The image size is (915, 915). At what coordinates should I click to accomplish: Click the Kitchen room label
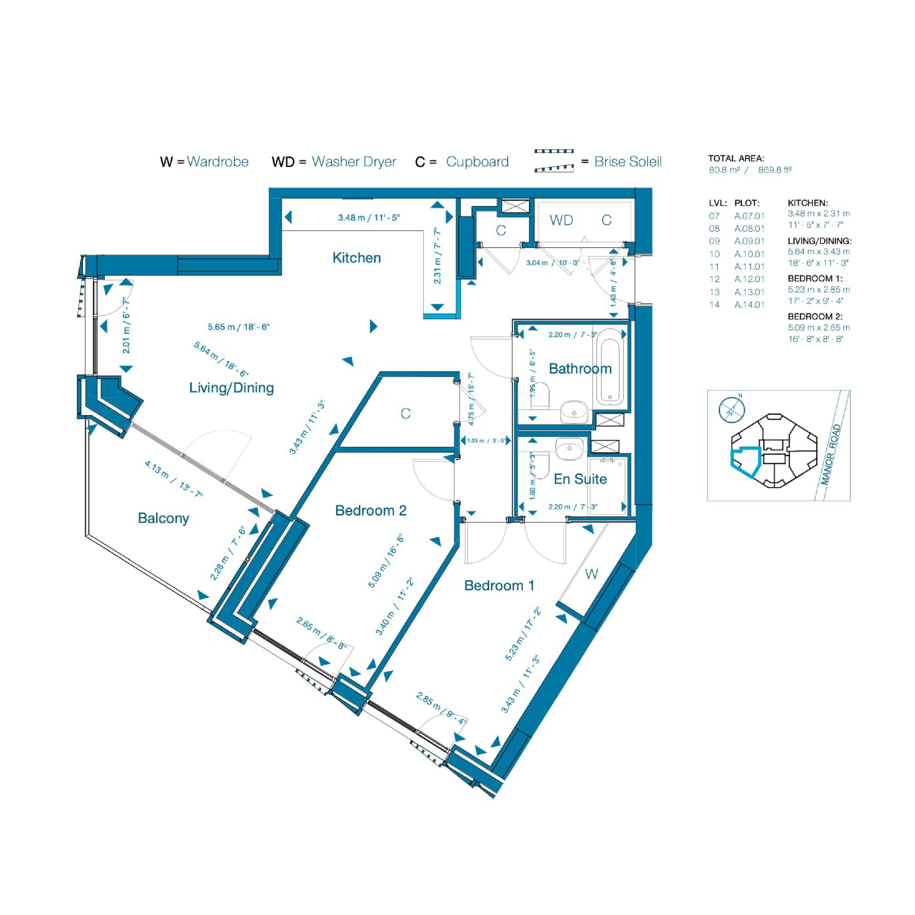357,258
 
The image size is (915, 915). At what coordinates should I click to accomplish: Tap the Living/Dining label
232,388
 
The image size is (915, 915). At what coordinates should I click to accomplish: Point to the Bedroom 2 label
371,510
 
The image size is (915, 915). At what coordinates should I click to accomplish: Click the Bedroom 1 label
499,585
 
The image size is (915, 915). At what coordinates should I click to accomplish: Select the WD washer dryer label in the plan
561,220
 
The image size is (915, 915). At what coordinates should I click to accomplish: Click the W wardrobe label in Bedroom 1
592,574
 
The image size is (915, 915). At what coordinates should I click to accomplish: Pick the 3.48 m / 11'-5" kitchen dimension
369,218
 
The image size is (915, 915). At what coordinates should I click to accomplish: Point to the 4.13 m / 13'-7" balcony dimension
174,479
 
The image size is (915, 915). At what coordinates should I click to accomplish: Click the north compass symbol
732,410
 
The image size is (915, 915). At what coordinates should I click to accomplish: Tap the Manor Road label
831,455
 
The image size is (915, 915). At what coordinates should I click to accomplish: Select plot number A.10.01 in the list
749,254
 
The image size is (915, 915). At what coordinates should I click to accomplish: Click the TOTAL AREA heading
736,159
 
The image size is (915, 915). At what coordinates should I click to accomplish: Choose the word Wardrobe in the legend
218,162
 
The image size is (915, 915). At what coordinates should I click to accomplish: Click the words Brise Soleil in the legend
628,162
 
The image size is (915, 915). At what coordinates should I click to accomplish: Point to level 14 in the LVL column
714,305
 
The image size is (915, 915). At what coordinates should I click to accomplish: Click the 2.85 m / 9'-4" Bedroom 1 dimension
441,709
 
